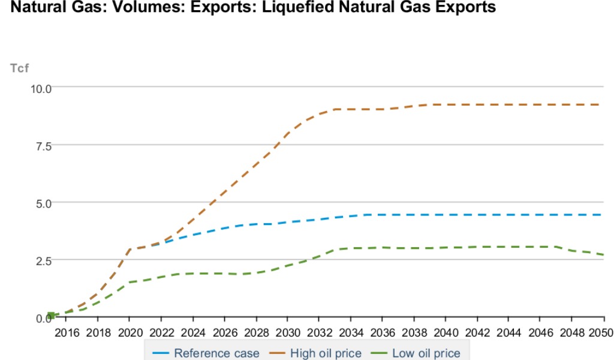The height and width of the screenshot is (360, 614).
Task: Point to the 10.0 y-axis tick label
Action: pyautogui.click(x=41, y=88)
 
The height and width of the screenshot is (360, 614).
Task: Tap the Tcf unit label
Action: pyautogui.click(x=20, y=68)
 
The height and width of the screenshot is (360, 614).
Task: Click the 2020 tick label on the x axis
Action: pyautogui.click(x=130, y=333)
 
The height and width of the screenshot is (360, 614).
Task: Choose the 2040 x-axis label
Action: pyautogui.click(x=446, y=333)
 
